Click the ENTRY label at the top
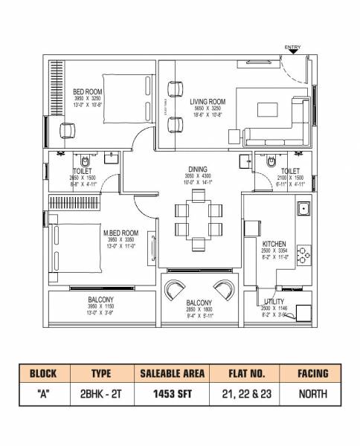coord(292,48)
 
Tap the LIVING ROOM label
coord(208,100)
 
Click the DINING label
coord(197,169)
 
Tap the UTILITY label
coord(273,301)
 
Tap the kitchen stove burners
coord(303,255)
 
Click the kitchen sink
coord(303,210)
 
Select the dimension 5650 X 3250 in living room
coord(208,109)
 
